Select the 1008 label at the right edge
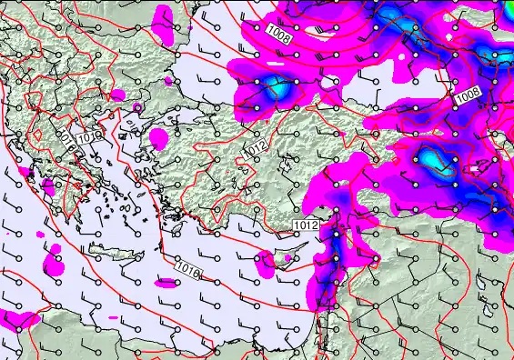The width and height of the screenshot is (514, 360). [x=468, y=95]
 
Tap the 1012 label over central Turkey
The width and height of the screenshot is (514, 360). [x=256, y=148]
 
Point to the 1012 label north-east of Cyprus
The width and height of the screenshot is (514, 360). [x=306, y=225]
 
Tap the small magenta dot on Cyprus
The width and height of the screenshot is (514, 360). [x=287, y=258]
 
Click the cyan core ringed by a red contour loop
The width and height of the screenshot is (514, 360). [x=434, y=160]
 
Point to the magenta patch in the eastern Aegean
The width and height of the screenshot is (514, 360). [x=159, y=139]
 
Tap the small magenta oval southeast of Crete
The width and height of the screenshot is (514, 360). [x=167, y=283]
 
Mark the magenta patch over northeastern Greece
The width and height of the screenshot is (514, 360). [x=118, y=95]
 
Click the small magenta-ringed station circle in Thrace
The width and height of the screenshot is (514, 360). [x=137, y=107]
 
